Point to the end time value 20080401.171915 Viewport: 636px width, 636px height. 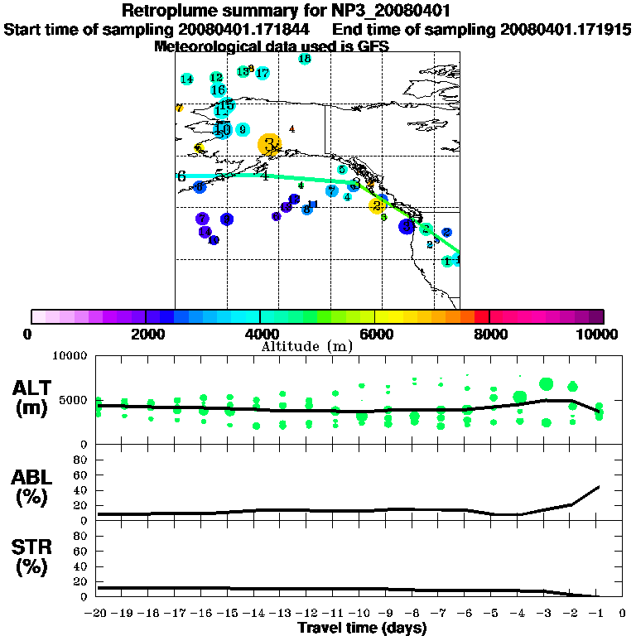(566, 30)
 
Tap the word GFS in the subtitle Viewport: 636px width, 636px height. (373, 46)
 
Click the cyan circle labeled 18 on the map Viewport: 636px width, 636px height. (305, 59)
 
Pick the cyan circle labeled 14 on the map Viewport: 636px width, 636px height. (187, 79)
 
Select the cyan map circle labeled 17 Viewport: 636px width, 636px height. (263, 74)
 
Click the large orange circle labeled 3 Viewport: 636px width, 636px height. (269, 144)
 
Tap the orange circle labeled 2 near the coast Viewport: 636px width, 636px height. (377, 205)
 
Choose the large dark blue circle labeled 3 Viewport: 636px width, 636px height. (407, 226)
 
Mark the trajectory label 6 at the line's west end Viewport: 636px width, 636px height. (181, 176)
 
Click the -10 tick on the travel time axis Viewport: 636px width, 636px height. (361, 614)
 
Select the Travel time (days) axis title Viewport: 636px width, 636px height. (362, 629)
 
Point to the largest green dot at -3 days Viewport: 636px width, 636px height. (546, 384)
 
